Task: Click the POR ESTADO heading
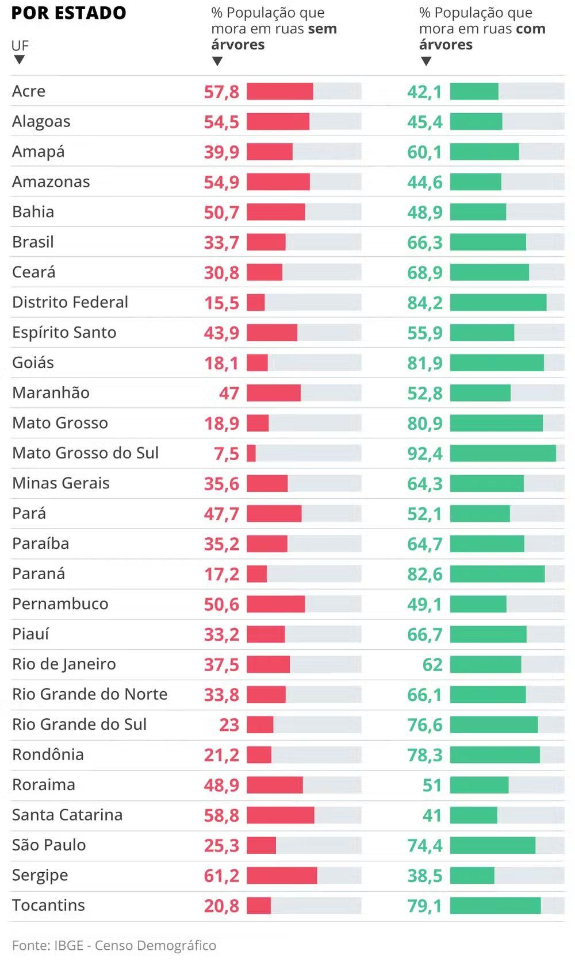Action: (68, 13)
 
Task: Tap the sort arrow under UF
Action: (20, 60)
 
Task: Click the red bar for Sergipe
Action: (282, 875)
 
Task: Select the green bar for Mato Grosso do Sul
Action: (503, 453)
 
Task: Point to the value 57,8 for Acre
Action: (221, 92)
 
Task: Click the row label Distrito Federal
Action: (70, 302)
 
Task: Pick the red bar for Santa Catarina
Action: (281, 815)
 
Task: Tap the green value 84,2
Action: (425, 303)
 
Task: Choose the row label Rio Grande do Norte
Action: (90, 694)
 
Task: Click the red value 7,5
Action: (227, 454)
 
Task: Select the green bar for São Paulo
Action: (492, 845)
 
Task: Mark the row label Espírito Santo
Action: (64, 333)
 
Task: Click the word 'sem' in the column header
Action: (322, 29)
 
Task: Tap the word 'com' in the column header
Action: (530, 29)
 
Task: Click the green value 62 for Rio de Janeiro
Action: (432, 665)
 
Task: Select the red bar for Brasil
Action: (266, 242)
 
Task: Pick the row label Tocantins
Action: (49, 905)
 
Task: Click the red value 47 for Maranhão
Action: (229, 394)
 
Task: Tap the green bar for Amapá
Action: (484, 152)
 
